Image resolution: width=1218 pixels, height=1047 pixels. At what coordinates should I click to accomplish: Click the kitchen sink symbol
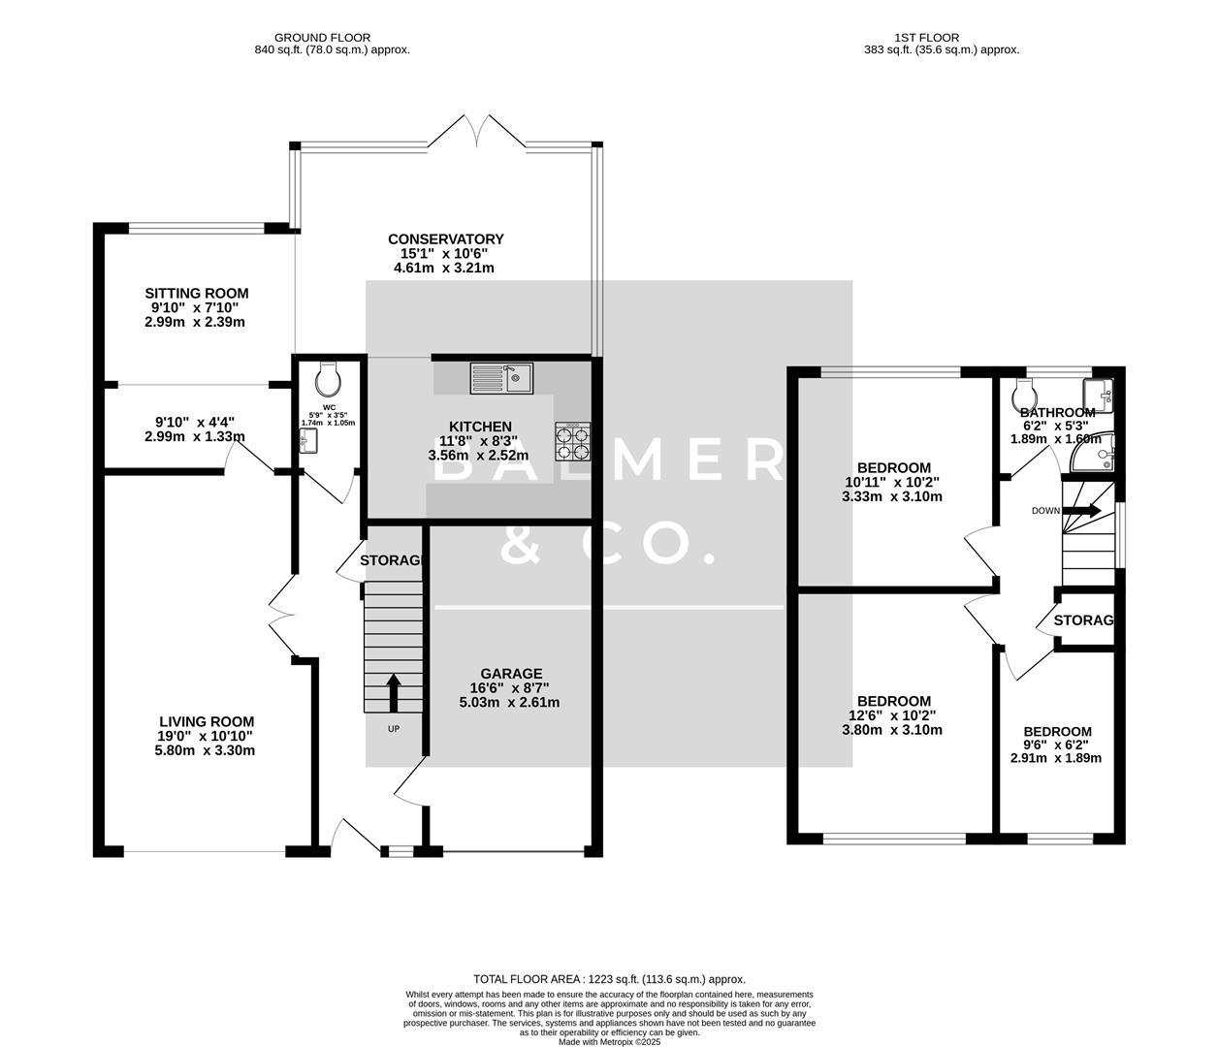coord(501,377)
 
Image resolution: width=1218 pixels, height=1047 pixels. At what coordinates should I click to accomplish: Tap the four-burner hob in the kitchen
coord(572,442)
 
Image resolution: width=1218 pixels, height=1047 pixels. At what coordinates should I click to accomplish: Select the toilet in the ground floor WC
coord(329,374)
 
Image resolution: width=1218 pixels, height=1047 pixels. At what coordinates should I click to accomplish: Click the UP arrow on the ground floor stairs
coord(394,692)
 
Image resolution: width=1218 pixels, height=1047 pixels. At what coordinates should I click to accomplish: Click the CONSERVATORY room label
coord(445,239)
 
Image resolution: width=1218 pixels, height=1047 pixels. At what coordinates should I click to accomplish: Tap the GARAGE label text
coord(511,674)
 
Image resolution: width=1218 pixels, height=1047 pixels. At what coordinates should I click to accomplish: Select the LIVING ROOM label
coord(207,721)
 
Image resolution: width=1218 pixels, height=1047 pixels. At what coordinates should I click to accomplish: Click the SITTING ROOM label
coord(196,294)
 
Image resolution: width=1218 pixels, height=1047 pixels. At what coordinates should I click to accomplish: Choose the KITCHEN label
coord(480,427)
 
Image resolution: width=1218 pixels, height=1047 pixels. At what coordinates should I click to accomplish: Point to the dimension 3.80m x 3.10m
coord(892,730)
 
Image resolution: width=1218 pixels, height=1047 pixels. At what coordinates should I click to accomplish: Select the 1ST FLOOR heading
coord(941,38)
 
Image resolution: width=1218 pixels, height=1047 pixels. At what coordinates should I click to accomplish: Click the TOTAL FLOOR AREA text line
coord(609,979)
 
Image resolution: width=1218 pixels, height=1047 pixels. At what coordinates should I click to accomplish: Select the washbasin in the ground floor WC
coord(307,442)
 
